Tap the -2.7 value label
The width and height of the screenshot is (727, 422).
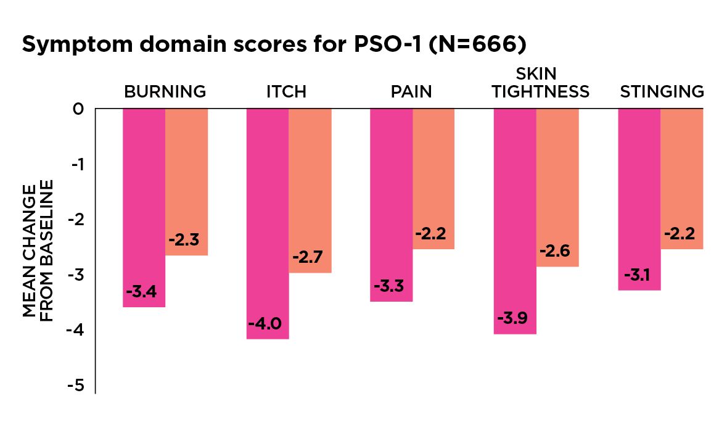310,257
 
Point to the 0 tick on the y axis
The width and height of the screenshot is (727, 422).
78,109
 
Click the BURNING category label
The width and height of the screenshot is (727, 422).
165,92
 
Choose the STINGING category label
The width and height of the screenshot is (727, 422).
662,92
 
